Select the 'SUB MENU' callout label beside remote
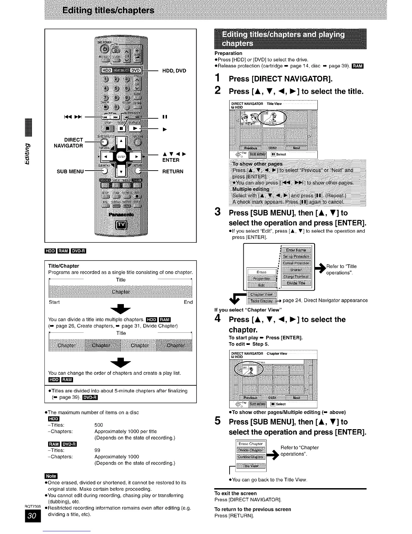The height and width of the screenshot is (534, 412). click(70, 171)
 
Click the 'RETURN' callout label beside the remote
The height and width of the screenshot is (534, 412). click(173, 172)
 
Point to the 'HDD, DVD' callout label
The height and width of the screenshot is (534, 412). click(174, 71)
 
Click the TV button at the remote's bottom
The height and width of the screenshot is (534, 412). click(121, 225)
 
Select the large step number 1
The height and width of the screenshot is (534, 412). click(218, 78)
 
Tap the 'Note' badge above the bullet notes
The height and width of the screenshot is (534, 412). click(51, 476)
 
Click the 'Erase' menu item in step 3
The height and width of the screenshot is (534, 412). click(262, 272)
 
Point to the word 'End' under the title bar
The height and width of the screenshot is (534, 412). click(188, 302)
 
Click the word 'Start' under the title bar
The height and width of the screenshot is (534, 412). click(54, 302)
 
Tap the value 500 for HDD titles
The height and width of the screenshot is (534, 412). click(99, 425)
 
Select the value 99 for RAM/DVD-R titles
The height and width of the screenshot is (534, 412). click(97, 450)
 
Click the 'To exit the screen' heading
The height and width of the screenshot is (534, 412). click(235, 493)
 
